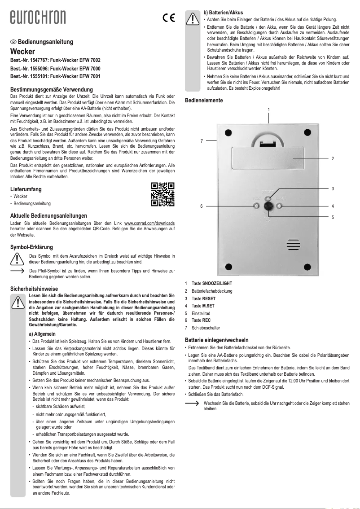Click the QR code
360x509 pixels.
[x=162, y=194]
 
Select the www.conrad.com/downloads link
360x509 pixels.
[x=149, y=223]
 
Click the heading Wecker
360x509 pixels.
[x=22, y=52]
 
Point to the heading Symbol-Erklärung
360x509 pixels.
[x=31, y=247]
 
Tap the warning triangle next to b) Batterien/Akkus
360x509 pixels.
[x=192, y=18]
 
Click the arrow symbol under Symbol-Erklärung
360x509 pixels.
[x=17, y=272]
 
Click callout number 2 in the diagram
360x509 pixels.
[x=333, y=159]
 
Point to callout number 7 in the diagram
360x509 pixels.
[x=202, y=141]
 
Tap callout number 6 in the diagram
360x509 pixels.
[x=202, y=206]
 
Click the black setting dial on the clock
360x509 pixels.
[x=268, y=206]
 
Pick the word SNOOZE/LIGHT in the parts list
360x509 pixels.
[x=217, y=284]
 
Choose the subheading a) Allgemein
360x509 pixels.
[x=42, y=334]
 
